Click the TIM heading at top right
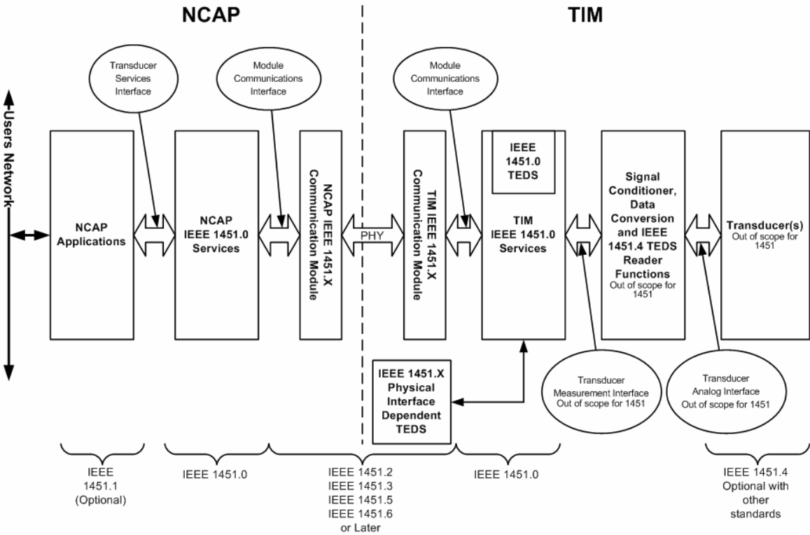[583, 15]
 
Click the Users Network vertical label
[10, 165]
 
